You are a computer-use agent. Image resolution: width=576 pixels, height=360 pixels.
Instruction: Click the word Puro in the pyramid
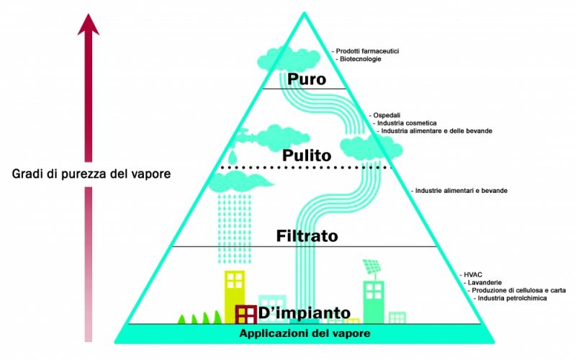307,79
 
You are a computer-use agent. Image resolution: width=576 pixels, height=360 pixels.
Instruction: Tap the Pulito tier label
307,156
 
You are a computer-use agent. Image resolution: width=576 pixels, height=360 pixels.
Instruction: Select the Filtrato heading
307,236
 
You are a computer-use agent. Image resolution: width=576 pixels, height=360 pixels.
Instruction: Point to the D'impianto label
304,312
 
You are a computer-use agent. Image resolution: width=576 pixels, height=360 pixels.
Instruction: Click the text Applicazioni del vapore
305,333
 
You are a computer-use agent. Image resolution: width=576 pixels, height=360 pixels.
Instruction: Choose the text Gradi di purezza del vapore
91,174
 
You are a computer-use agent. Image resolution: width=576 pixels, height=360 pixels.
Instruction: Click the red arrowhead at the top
88,24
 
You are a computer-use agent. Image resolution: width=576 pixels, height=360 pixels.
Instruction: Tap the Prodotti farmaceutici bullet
365,51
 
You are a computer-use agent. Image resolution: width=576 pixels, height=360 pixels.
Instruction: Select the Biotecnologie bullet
358,59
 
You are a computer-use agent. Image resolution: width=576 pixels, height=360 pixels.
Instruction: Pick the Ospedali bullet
384,115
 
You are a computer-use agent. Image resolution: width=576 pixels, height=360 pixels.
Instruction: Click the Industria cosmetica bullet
405,123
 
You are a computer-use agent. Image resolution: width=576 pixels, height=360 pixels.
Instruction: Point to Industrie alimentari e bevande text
459,191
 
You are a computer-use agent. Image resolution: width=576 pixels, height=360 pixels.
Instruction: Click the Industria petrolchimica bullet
510,298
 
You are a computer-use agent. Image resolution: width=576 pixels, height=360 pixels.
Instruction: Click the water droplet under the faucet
233,157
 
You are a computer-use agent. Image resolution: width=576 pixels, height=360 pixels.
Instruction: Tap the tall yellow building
235,297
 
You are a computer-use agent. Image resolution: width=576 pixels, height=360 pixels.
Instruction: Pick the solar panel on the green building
372,266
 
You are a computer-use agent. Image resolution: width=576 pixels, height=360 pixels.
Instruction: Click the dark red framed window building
246,315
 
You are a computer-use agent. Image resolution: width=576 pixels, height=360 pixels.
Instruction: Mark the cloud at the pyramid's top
289,59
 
